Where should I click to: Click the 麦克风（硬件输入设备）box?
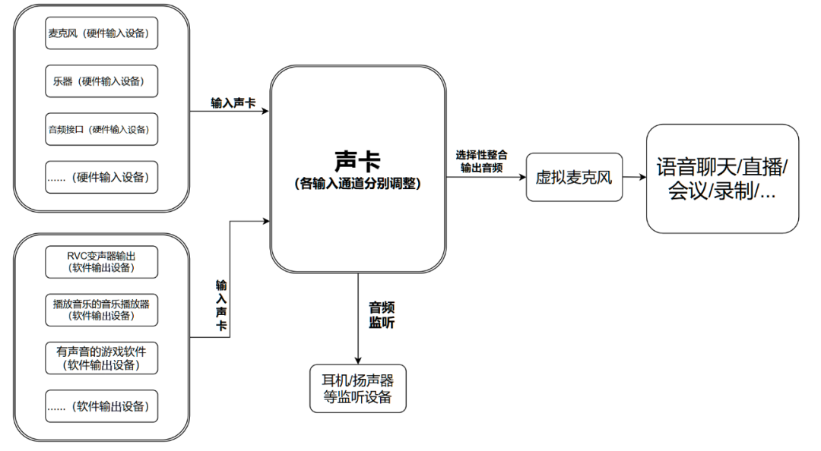[102, 33]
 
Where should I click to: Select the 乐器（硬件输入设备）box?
[102, 81]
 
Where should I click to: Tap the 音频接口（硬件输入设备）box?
[102, 129]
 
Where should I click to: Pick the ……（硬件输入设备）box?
[102, 178]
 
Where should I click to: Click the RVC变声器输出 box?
[102, 261]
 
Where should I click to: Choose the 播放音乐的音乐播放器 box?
[102, 309]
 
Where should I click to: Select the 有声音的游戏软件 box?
[102, 358]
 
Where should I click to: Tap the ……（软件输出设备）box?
[102, 406]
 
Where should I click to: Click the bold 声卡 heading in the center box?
[357, 160]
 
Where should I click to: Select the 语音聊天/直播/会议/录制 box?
[722, 178]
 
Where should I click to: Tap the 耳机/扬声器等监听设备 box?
[357, 389]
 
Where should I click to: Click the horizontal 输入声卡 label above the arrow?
[233, 101]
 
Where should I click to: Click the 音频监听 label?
[381, 314]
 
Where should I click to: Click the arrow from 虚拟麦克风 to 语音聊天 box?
[635, 179]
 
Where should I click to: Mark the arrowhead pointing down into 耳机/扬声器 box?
[357, 360]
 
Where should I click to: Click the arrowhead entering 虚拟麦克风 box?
[521, 179]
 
